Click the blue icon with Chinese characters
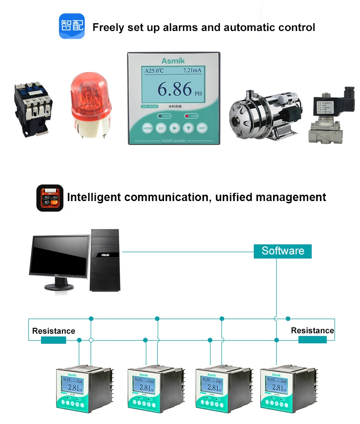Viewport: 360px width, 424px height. [x=72, y=26]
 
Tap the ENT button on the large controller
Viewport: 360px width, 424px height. [x=202, y=128]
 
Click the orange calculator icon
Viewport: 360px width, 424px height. [x=50, y=198]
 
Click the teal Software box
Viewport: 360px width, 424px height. [x=283, y=251]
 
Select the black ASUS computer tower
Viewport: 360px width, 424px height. [x=104, y=260]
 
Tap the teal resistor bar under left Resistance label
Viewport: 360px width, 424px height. [x=53, y=340]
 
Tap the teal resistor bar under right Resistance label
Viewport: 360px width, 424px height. [x=312, y=340]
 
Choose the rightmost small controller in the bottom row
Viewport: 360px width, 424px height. [x=279, y=388]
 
